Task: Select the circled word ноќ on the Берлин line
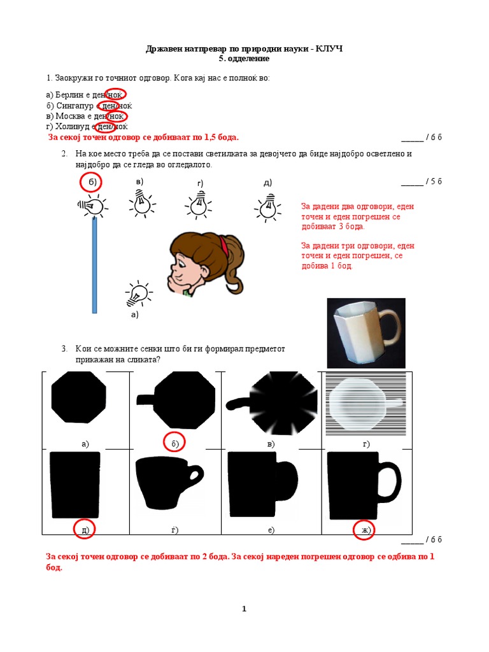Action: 115,95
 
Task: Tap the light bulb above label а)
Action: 138,294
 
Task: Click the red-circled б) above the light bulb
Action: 92,183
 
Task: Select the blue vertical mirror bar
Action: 95,265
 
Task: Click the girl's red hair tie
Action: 223,241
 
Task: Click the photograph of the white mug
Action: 365,332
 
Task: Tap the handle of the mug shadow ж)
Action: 391,484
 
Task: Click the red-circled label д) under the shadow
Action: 85,530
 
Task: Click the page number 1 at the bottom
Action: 244,609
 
